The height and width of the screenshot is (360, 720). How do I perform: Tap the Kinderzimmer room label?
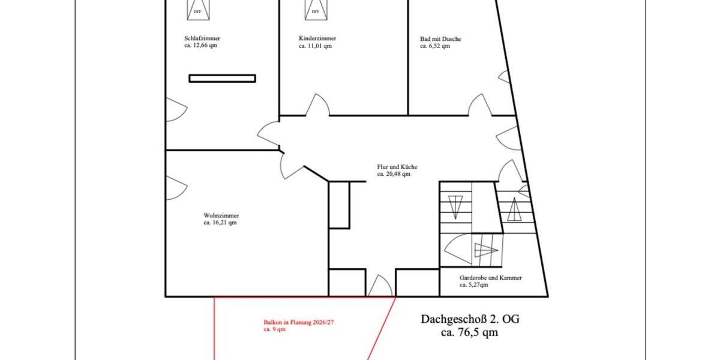pos(317,38)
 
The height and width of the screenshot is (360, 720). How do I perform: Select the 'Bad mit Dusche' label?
pos(440,39)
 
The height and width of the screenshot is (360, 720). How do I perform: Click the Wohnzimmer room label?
pos(221,215)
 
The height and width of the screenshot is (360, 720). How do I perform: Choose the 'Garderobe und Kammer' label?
pos(490,278)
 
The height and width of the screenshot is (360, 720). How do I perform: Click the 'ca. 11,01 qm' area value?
pos(315,46)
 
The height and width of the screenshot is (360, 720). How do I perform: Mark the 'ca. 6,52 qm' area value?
pos(435,46)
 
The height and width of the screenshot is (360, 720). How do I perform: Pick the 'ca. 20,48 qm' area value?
pos(394,174)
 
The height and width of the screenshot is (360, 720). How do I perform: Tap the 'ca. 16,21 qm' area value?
pos(220,223)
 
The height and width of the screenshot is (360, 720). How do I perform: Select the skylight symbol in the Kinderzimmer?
pos(316,9)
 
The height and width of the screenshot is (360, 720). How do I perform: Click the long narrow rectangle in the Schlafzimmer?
pos(222,78)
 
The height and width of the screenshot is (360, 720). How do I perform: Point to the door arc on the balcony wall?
pos(380,286)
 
